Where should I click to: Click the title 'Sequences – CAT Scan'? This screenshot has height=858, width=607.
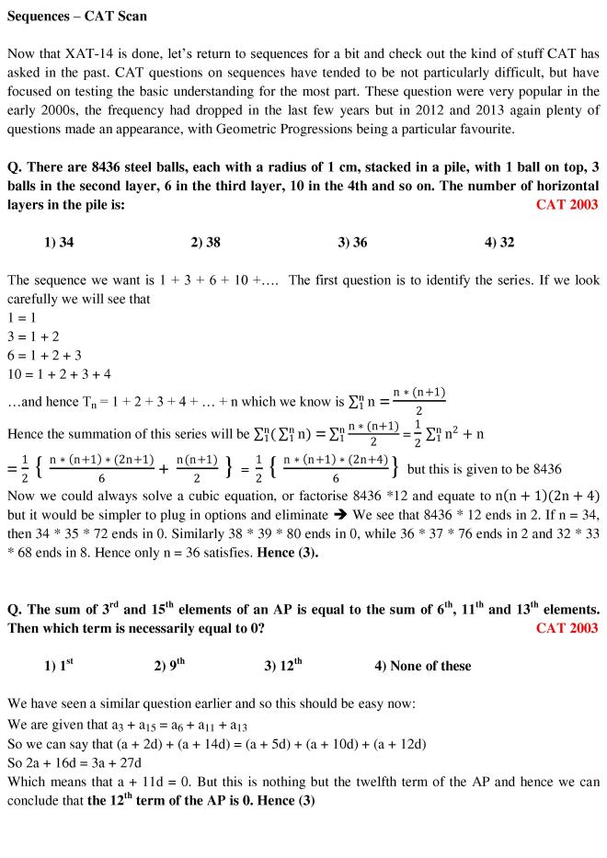(x=76, y=17)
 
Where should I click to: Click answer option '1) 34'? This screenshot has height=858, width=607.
(x=59, y=243)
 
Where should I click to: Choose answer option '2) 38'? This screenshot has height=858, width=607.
(x=206, y=243)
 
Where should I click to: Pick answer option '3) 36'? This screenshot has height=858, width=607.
(x=352, y=243)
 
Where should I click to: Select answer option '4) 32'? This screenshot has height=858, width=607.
(x=499, y=243)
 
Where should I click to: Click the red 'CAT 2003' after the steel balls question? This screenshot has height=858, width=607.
(x=567, y=204)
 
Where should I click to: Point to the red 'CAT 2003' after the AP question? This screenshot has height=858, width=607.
(x=567, y=628)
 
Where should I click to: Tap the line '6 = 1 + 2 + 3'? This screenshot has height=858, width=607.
(x=44, y=355)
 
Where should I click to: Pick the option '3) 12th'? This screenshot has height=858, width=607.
(x=283, y=666)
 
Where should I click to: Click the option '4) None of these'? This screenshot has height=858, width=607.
(x=423, y=666)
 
